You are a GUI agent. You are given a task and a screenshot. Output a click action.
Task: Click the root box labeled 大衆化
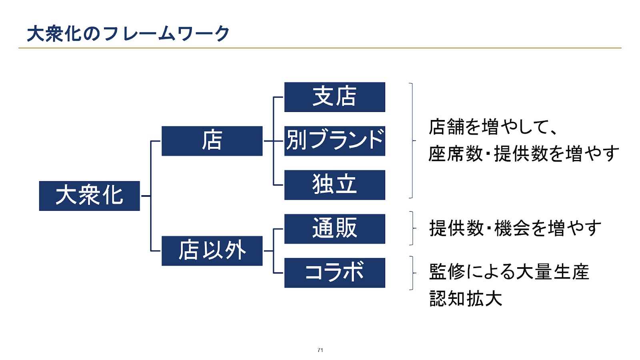90,196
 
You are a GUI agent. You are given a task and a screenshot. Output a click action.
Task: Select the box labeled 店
212,141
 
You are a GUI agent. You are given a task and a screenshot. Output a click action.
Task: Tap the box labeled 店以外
212,251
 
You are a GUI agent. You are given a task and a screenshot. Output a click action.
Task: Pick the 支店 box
334,97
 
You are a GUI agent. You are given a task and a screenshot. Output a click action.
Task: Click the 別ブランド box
334,141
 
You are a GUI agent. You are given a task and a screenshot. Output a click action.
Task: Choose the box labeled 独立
334,185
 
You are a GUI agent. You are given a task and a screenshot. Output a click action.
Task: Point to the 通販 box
334,229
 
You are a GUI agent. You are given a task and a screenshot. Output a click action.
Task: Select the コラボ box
334,273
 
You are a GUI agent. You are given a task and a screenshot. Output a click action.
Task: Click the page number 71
320,350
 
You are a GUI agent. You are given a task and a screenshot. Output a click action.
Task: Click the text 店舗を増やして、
493,127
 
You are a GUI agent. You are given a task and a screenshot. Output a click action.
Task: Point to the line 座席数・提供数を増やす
524,154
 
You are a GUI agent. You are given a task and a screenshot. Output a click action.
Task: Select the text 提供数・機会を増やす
515,228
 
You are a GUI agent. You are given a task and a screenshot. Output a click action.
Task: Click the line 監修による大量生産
509,272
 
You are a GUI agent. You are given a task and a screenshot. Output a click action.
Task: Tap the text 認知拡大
466,298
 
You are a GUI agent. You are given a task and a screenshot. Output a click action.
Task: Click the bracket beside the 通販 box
413,228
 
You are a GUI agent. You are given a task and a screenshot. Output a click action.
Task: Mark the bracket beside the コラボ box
413,273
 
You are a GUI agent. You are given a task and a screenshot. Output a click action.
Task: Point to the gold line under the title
320,48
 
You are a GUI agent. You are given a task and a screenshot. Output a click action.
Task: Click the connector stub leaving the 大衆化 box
146,196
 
